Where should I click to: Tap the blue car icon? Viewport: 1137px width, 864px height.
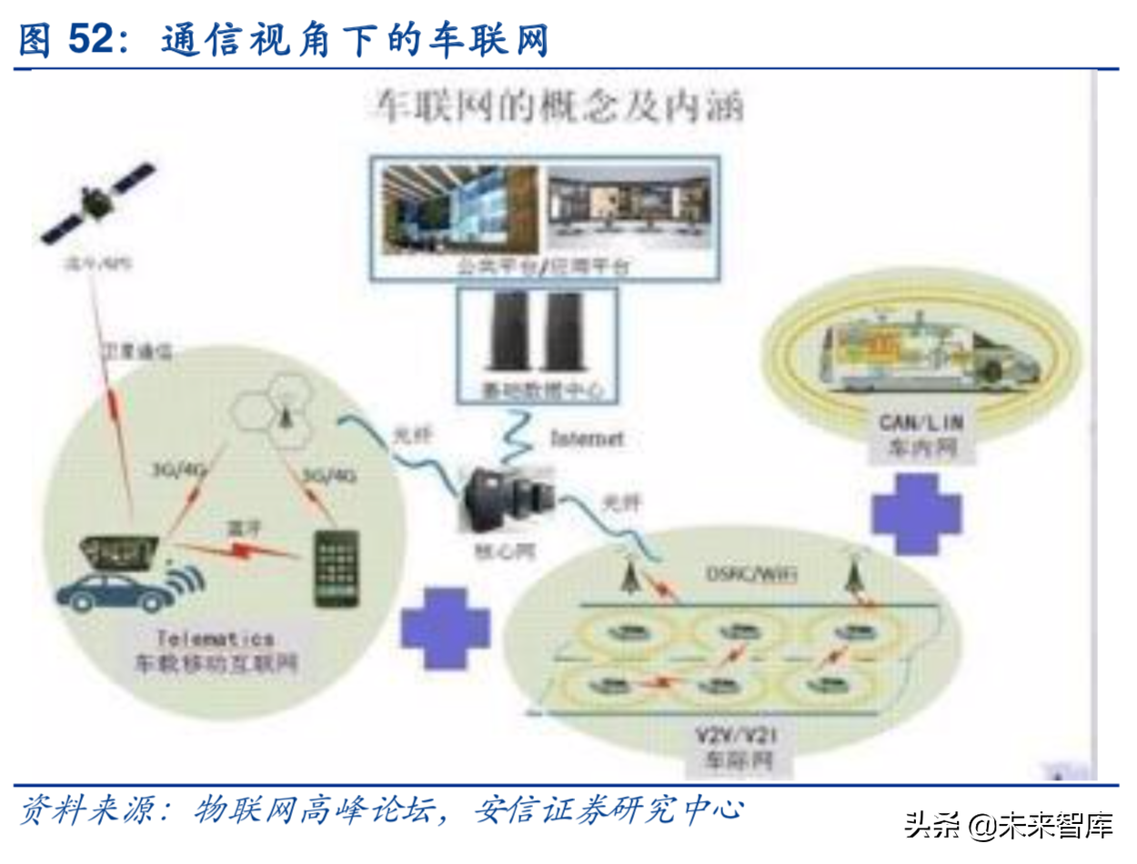[114, 592]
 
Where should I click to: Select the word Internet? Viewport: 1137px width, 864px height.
[588, 439]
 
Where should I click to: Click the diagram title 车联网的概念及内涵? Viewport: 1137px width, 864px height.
[555, 108]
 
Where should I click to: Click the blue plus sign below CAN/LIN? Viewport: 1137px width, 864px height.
[915, 511]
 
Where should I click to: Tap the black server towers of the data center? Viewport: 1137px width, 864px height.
[537, 333]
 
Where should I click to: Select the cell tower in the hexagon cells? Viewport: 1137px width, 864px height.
[284, 413]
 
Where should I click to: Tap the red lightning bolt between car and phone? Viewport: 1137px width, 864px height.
[242, 548]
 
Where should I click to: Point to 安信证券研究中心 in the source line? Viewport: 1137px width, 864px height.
[609, 809]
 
